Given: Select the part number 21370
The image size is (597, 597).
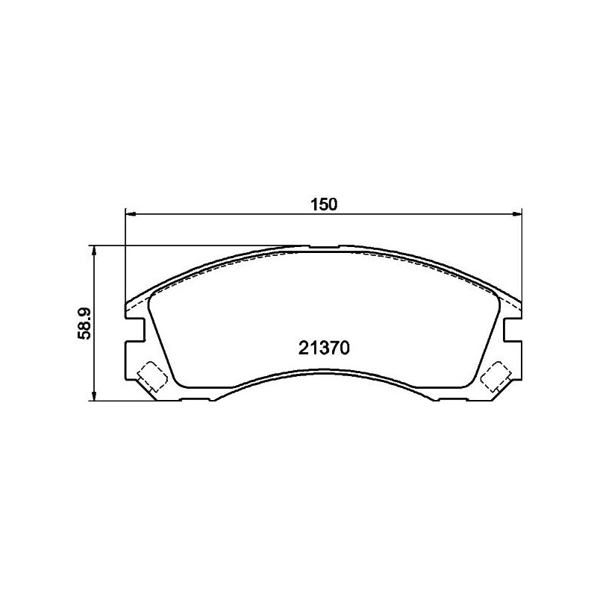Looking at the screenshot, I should coord(324,348).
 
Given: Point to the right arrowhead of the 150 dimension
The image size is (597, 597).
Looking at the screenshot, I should coord(519,214).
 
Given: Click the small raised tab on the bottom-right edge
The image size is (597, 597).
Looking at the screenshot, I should coord(452,399).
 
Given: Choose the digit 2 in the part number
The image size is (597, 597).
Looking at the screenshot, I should coord(302,348).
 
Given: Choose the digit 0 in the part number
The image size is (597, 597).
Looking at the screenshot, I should coord(346,348).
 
